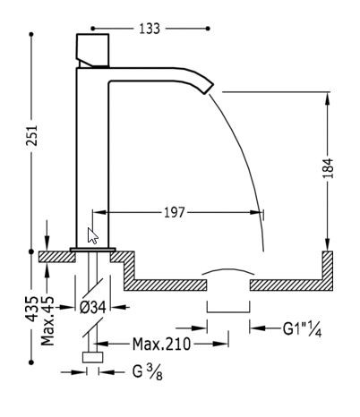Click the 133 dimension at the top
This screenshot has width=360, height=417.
click(150, 30)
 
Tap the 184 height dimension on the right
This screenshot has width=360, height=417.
click(329, 166)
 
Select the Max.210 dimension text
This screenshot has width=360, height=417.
click(158, 343)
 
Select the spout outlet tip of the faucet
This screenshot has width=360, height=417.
click(209, 84)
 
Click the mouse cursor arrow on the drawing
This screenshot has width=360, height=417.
click(93, 236)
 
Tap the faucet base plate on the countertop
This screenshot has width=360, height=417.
click(92, 248)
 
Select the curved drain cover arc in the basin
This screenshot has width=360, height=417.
click(228, 269)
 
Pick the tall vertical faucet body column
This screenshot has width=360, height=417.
click(91, 152)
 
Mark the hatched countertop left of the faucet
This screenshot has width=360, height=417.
click(56, 256)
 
